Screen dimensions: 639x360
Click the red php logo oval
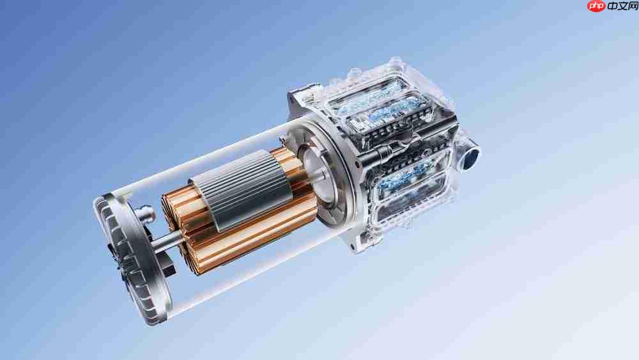[596, 6]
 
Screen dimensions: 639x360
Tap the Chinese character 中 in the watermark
[613, 6]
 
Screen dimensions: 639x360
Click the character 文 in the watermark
[622, 6]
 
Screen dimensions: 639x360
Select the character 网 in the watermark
[633, 6]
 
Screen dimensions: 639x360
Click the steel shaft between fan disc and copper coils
[167, 240]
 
